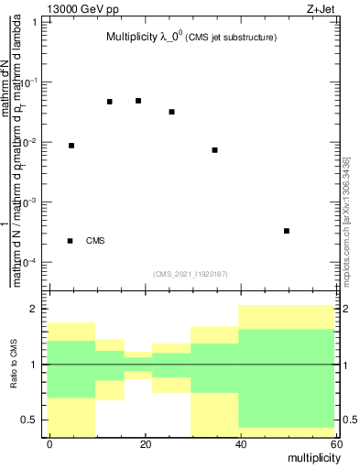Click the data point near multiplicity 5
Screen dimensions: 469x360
[x=71, y=146]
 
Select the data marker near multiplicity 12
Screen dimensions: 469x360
[x=110, y=102]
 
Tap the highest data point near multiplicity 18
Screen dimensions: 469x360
[x=138, y=101]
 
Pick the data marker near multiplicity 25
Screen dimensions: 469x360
[x=172, y=112]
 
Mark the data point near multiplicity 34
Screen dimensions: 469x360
[x=214, y=150]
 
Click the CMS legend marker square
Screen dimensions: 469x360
[x=71, y=241]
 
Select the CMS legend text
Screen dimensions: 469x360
[x=95, y=241]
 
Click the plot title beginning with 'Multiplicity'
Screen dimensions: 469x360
[x=190, y=38]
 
